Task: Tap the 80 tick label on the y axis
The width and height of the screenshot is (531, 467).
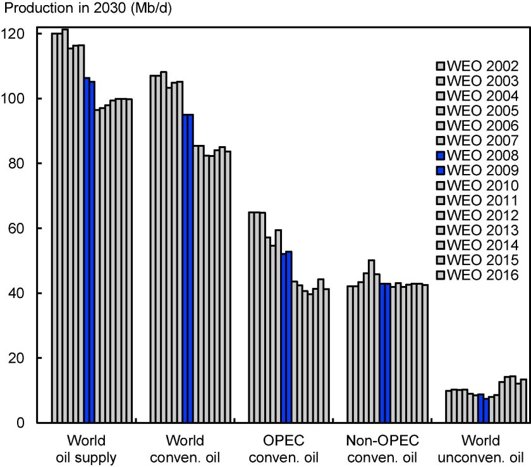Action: click(x=21, y=163)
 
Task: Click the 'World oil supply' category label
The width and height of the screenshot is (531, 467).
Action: click(x=85, y=447)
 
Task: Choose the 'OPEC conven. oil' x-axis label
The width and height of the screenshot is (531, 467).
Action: click(x=285, y=447)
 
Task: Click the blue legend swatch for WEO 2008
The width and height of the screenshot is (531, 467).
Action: click(x=441, y=156)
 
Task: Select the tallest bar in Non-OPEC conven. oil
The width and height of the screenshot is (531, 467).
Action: click(x=371, y=341)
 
